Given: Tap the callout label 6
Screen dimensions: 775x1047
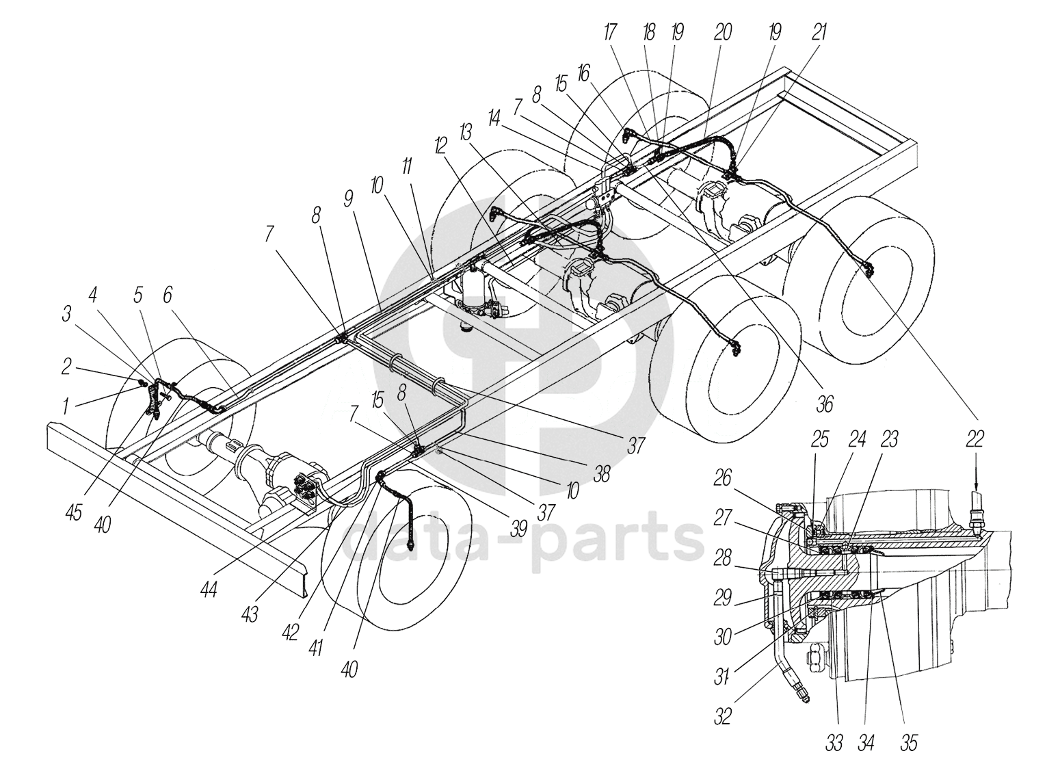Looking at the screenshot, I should tap(168, 295).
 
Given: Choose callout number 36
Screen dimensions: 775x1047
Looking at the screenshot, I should tap(825, 405).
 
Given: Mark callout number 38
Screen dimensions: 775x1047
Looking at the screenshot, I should tap(601, 473).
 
